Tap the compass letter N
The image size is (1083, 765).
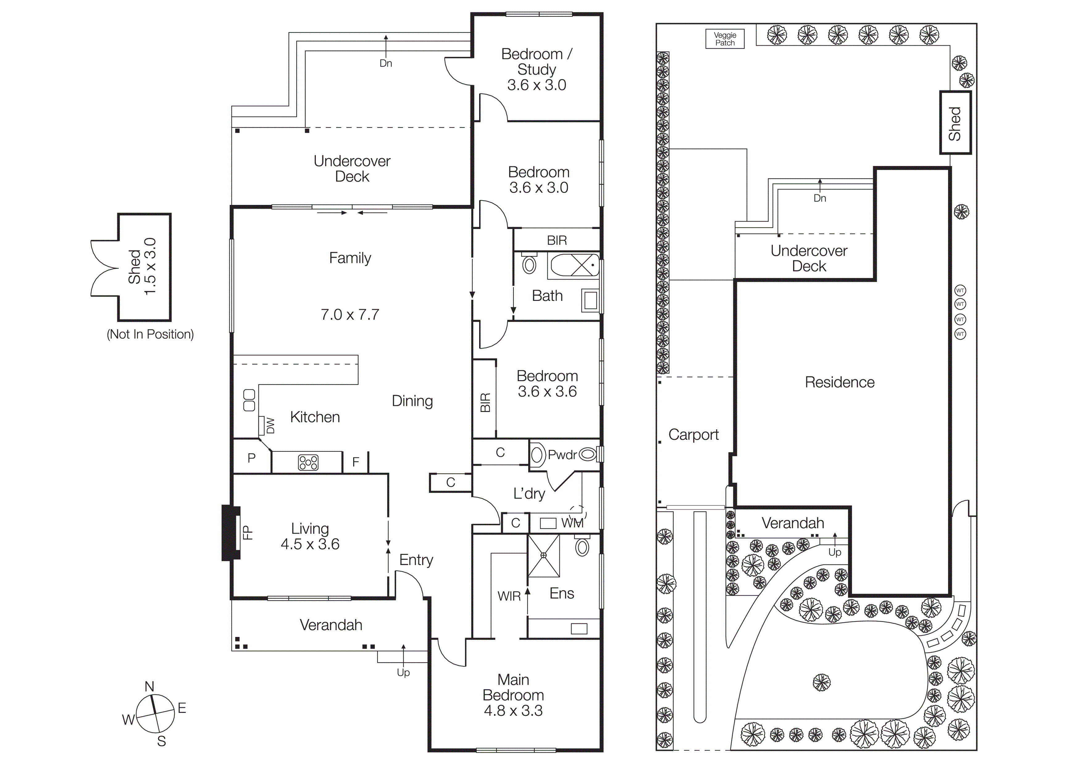149,686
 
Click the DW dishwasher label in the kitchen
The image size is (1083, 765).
270,425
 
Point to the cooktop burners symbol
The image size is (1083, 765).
308,462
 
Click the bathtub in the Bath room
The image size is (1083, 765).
573,265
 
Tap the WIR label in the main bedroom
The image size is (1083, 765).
509,596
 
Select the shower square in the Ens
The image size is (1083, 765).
543,556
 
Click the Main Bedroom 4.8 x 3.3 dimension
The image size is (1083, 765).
513,711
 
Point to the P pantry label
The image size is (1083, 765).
251,458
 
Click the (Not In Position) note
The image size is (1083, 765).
150,334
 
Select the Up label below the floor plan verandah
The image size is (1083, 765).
403,673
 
